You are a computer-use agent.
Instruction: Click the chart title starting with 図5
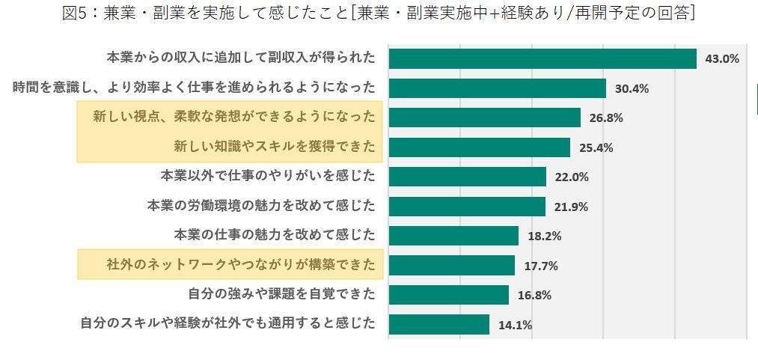click(x=379, y=13)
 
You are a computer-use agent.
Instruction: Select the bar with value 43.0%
click(x=542, y=58)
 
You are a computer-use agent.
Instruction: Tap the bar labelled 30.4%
click(x=497, y=88)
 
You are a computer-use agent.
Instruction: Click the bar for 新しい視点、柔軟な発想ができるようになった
click(x=484, y=118)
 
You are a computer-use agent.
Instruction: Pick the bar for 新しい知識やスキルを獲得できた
click(x=479, y=147)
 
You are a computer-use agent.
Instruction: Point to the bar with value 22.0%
click(x=467, y=177)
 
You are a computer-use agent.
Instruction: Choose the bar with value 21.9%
click(x=467, y=207)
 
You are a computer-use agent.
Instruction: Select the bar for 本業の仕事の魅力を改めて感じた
click(x=453, y=236)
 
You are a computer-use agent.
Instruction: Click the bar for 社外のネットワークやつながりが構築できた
click(x=451, y=266)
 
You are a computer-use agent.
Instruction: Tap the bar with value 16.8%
click(x=448, y=295)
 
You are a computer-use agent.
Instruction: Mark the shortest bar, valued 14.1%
click(x=438, y=325)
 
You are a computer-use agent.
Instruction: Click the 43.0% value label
click(x=722, y=58)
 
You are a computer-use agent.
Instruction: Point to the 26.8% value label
click(x=606, y=118)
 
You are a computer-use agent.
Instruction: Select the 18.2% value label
click(x=544, y=236)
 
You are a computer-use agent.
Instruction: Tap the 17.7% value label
click(x=540, y=266)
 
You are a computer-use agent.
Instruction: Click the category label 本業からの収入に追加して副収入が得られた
click(x=241, y=58)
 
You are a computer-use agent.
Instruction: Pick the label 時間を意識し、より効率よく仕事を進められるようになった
click(x=194, y=88)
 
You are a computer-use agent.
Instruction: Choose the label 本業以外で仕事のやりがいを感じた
click(x=268, y=176)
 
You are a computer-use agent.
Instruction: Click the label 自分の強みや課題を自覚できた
click(x=281, y=294)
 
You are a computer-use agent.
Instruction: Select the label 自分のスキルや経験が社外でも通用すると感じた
click(x=227, y=324)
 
